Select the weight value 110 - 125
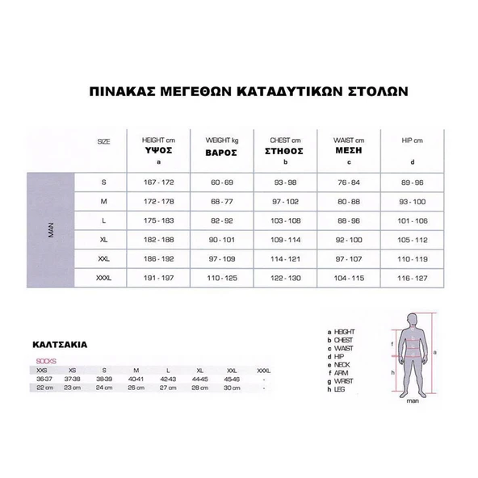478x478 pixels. [x=220, y=279]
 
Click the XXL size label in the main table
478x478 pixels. [x=103, y=259]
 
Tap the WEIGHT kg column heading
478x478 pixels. [x=220, y=140]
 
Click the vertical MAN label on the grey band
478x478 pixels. [x=51, y=230]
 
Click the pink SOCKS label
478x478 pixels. [x=45, y=360]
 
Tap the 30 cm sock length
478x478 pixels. [x=232, y=387]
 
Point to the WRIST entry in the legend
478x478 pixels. [x=342, y=380]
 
